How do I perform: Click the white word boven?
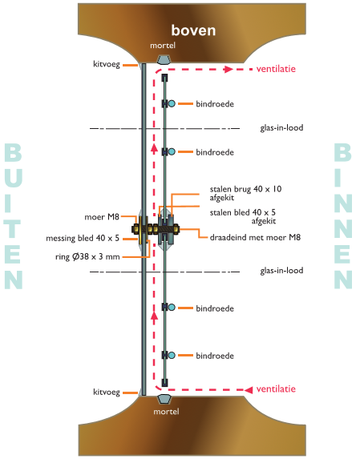click(x=193, y=30)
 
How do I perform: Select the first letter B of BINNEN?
click(x=343, y=152)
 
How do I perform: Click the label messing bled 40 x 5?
click(x=83, y=238)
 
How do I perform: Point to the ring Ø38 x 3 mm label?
click(x=87, y=256)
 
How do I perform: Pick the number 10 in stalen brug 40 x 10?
click(x=277, y=189)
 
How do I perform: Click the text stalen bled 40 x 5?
click(x=243, y=212)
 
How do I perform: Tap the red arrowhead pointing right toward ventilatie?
click(x=229, y=70)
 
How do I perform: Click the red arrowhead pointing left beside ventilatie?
click(x=249, y=390)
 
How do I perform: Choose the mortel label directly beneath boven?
click(x=163, y=46)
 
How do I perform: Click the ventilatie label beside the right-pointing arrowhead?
click(x=276, y=69)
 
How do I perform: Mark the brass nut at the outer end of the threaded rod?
click(x=136, y=229)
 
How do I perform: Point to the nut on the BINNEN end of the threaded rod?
click(x=176, y=229)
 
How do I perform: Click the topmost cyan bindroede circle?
click(x=172, y=103)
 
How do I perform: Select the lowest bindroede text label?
click(x=215, y=356)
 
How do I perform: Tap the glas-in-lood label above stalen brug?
click(x=281, y=128)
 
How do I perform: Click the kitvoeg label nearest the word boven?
click(x=107, y=64)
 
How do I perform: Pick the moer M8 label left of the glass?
click(x=102, y=217)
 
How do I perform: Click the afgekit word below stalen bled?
click(x=264, y=221)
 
